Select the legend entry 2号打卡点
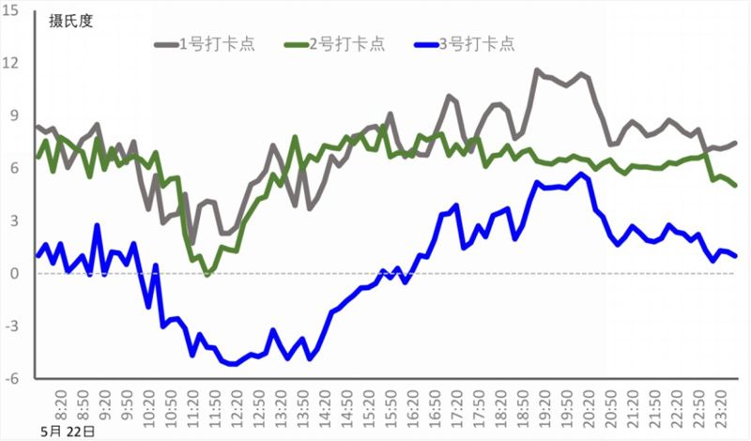pos(343,43)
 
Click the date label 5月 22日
pos(69,431)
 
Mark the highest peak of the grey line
pos(537,69)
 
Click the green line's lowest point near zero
pos(207,274)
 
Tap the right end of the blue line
pos(735,256)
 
